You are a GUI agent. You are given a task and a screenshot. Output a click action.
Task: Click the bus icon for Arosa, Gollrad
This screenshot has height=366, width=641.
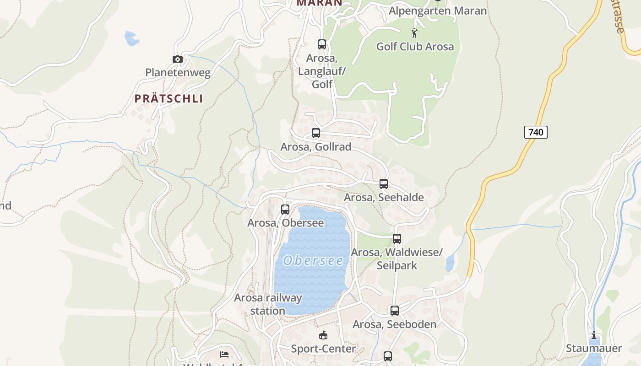coord(316,133)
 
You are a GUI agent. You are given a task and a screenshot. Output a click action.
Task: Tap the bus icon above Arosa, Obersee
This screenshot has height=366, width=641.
coord(285,210)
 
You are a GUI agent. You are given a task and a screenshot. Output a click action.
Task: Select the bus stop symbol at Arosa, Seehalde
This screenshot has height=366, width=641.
coord(384,184)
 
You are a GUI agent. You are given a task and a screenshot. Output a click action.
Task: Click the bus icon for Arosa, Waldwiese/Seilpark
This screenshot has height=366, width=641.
coord(397,239)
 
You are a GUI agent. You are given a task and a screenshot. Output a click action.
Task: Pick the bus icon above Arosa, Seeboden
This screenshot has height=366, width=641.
coord(395,311)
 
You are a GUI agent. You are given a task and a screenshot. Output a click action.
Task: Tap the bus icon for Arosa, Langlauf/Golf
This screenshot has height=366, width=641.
coord(322,44)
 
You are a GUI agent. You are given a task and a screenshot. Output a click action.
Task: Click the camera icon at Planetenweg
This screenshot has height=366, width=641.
coord(178,59)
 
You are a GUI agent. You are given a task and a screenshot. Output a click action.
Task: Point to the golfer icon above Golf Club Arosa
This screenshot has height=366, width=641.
coord(414,33)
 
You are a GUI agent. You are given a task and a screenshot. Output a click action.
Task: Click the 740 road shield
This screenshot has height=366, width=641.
coord(536,132)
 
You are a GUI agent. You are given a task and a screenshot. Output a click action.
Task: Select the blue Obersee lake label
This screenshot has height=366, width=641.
coord(313,261)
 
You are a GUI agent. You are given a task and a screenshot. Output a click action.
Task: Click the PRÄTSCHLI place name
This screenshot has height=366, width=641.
coord(168,99)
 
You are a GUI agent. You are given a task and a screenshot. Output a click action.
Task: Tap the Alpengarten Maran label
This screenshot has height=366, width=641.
coord(438,11)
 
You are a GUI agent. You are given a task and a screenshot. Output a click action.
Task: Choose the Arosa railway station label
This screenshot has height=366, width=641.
coord(268,304)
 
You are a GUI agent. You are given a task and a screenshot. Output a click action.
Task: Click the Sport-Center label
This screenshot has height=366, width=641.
coord(323,349)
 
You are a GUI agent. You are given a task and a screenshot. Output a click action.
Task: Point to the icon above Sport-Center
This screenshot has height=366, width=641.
coord(323,335)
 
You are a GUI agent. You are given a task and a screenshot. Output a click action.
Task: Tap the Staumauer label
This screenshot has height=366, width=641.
coord(594,348)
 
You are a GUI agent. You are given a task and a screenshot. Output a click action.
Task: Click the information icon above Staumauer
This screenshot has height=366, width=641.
coord(594,335)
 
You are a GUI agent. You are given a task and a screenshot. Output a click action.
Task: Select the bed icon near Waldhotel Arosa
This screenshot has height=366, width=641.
coord(224,354)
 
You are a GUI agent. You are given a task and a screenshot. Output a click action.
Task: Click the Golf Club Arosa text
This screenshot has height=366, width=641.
coord(415,47)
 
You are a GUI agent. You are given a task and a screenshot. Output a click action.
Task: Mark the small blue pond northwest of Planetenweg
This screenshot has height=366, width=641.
coord(131,38)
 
